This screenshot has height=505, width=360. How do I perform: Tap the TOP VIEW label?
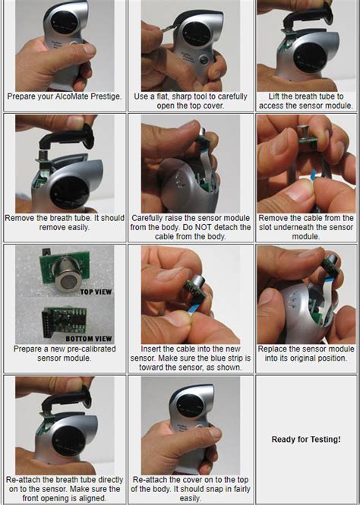point(96,291)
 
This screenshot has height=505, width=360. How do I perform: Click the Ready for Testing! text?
point(306,439)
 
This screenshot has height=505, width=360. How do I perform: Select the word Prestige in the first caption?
point(96,96)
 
